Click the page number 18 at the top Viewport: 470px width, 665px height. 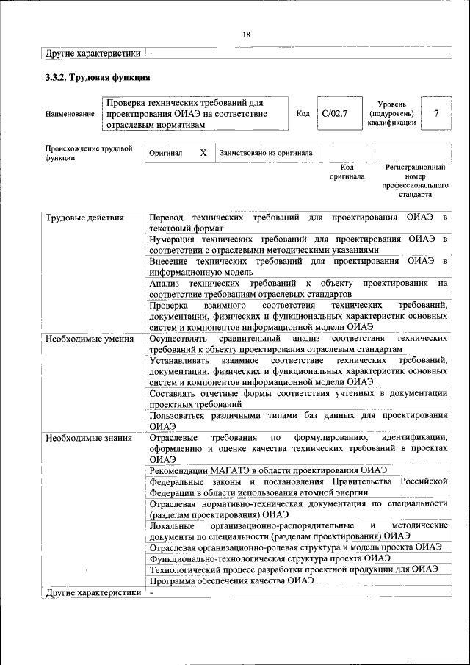point(246,35)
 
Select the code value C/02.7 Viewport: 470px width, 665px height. point(334,114)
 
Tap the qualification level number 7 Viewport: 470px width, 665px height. point(436,113)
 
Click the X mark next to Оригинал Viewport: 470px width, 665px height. point(203,153)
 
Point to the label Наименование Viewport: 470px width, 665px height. point(70,114)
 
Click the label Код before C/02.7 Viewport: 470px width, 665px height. point(303,114)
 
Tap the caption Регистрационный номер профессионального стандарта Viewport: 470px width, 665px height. point(415,181)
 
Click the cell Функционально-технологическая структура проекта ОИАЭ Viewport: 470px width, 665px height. point(270,558)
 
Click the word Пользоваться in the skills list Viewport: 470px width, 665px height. point(179,414)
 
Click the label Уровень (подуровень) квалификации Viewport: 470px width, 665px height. point(397,114)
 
